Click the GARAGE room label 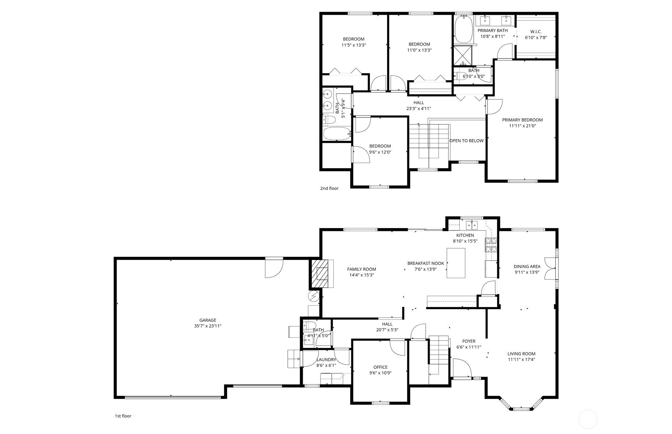coord(208,320)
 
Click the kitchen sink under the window coord(472,225)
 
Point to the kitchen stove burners coord(491,245)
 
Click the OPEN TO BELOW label coord(466,141)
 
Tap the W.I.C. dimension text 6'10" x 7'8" coord(536,38)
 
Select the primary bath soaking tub coord(464,30)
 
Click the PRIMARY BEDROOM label coord(522,120)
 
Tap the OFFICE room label coord(380,367)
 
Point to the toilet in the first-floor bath coord(310,325)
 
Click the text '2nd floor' coord(329,188)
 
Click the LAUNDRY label coord(326,360)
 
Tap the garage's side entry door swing coord(274,268)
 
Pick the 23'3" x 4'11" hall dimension coord(418,109)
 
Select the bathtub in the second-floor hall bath coord(337,133)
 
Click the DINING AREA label coord(527,267)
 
